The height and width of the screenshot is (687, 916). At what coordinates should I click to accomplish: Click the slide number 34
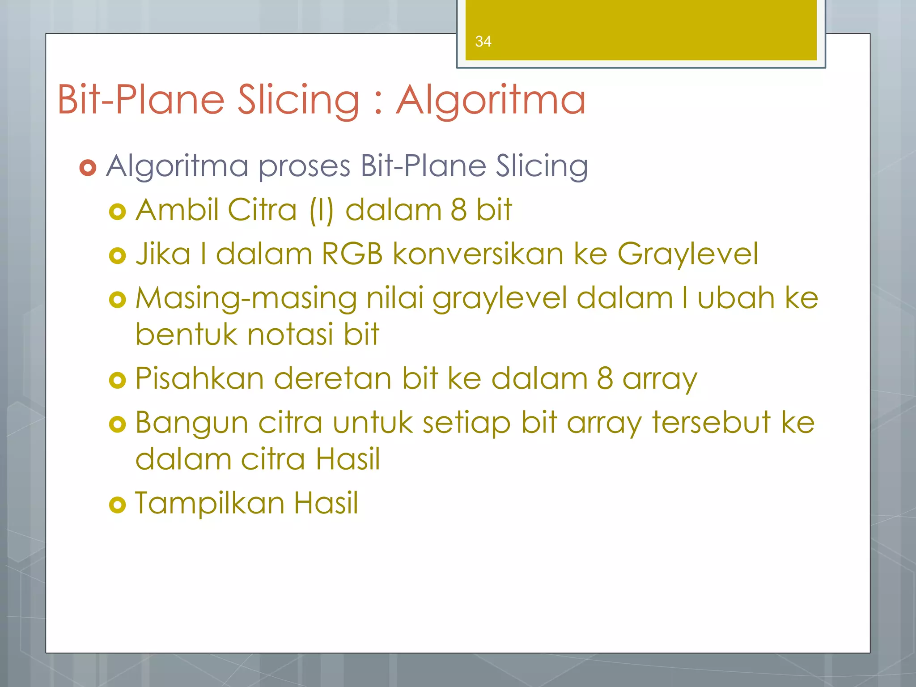point(483,42)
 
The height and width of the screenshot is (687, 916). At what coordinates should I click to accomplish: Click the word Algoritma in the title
point(491,100)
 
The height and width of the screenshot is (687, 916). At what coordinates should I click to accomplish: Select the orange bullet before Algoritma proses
point(88,168)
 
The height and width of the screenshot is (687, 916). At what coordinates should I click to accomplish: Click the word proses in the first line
point(305,166)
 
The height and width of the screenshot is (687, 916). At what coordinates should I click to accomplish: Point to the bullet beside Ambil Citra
point(118,211)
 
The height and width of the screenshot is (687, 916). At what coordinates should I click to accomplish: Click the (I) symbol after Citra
point(321,210)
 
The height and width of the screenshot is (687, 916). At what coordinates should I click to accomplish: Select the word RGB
point(352,254)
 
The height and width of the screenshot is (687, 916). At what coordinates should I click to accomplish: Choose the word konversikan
point(478,254)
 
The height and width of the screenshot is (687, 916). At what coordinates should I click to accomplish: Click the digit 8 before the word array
point(605,378)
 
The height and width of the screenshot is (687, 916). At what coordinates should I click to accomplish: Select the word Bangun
point(191,424)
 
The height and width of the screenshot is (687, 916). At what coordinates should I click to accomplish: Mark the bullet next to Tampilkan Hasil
point(118,505)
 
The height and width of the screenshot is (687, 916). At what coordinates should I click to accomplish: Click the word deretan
point(333,378)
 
